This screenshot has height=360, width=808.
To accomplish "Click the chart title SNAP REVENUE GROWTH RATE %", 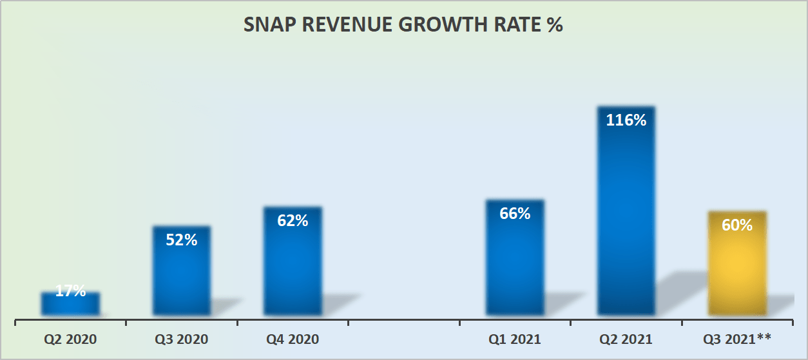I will click(403, 25).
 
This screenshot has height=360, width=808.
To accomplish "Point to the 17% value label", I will click(70, 291).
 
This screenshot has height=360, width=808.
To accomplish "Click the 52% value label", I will click(182, 240).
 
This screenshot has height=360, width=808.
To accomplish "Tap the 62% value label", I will click(293, 221).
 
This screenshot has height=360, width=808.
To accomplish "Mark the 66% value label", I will click(515, 213).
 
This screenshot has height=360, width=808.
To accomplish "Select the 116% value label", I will click(626, 120).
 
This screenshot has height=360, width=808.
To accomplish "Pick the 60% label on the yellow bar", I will click(737, 225).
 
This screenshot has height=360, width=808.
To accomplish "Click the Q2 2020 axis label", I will click(70, 339).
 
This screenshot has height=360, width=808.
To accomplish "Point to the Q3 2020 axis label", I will click(182, 339).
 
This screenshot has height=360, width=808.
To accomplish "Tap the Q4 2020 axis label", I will click(293, 339).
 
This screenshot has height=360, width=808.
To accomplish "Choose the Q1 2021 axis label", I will click(515, 339).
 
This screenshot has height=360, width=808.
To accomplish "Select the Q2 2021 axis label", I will click(626, 339).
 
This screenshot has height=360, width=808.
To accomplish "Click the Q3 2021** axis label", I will click(738, 339).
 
